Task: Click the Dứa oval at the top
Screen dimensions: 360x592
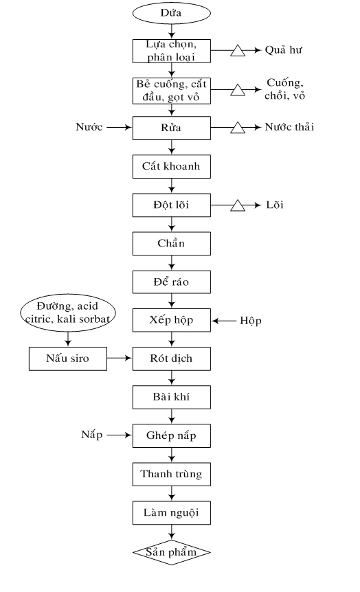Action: coord(171,13)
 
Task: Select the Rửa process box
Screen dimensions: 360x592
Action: coord(172,128)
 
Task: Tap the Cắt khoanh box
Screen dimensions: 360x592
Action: coord(172,166)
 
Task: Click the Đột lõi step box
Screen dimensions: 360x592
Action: coord(172,205)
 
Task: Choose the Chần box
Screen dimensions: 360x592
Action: coord(172,244)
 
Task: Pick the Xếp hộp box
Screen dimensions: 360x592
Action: coord(172,320)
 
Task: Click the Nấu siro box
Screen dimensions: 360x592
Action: coord(68,358)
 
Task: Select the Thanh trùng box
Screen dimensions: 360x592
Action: coord(172,474)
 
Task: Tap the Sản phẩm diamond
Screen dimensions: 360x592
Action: coord(172,552)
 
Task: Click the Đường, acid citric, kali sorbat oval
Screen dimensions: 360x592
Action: coord(67,313)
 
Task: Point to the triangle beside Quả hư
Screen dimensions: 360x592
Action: coord(238,51)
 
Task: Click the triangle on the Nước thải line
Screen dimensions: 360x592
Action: coord(238,128)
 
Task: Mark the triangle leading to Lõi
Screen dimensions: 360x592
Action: coord(238,205)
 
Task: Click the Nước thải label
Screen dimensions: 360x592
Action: coord(289,127)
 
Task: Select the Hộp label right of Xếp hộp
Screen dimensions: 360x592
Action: coord(251,321)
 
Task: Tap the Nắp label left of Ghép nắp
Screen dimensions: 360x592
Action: coord(92,435)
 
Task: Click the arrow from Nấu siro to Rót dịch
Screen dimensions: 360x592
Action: coord(120,358)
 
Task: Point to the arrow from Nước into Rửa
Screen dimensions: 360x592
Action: coord(120,128)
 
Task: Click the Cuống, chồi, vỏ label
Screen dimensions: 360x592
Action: coord(285,89)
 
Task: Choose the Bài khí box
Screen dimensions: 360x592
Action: coord(172,397)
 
